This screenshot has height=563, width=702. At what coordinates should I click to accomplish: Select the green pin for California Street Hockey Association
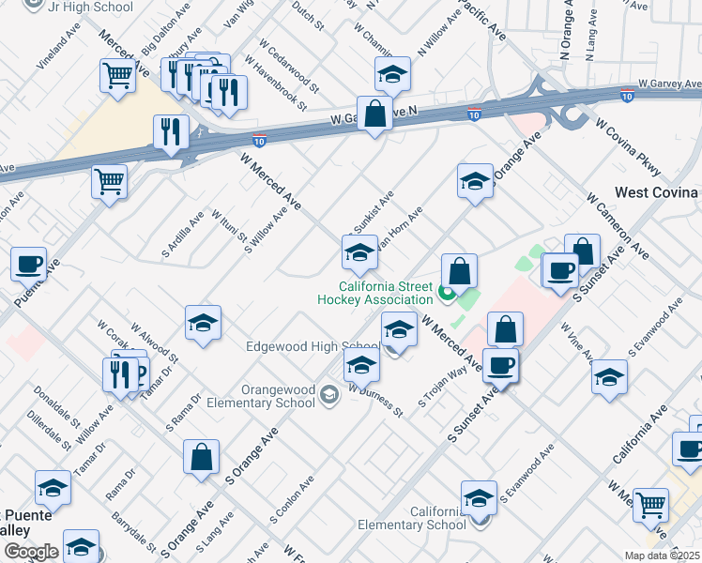click(446, 294)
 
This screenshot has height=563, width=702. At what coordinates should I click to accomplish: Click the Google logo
click(30, 552)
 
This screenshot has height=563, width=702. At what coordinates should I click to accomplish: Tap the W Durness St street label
click(374, 399)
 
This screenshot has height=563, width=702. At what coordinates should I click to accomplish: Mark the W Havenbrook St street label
click(275, 83)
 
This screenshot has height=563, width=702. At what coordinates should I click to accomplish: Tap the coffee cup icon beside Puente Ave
click(28, 264)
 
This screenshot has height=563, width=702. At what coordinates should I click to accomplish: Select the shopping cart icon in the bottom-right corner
click(650, 505)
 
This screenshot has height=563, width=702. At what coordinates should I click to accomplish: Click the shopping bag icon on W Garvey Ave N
click(374, 114)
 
